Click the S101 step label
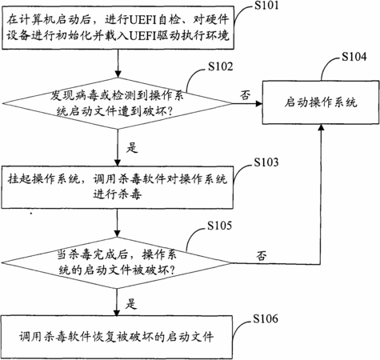point(266,6)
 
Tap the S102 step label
point(220,66)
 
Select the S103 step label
point(266,162)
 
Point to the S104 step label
point(354,57)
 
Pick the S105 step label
point(219,226)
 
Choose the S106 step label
point(266,318)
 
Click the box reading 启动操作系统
point(321,102)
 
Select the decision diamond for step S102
point(118,103)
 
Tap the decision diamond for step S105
point(117,263)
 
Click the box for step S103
point(118,187)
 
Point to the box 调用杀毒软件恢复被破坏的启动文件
point(117,337)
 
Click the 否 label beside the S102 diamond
point(246,94)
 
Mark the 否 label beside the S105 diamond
point(262,255)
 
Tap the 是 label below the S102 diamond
point(132,147)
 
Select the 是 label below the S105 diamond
point(131,303)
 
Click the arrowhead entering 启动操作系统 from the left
point(259,103)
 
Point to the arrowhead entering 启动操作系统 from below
point(322,128)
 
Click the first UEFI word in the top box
point(143,20)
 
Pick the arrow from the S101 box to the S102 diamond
point(118,63)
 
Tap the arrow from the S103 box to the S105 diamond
point(117,223)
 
